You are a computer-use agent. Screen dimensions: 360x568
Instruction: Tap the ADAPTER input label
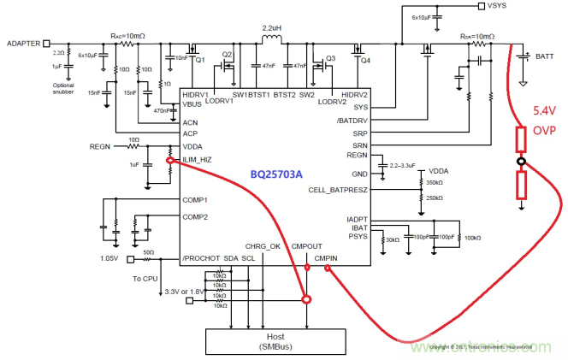pos(23,43)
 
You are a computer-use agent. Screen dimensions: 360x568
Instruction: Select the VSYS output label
pos(495,6)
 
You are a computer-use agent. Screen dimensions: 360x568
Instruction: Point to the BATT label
pos(545,56)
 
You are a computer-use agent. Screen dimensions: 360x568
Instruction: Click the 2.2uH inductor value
pos(272,28)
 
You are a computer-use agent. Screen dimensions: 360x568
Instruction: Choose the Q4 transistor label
pos(367,61)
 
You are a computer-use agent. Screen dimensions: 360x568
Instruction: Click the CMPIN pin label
pos(327,257)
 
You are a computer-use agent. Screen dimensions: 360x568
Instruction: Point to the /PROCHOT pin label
pos(202,257)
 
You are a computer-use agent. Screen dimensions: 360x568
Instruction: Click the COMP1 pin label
pos(195,199)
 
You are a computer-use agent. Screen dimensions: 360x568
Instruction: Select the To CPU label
pos(146,279)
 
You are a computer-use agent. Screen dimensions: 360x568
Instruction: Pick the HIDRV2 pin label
pos(353,94)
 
